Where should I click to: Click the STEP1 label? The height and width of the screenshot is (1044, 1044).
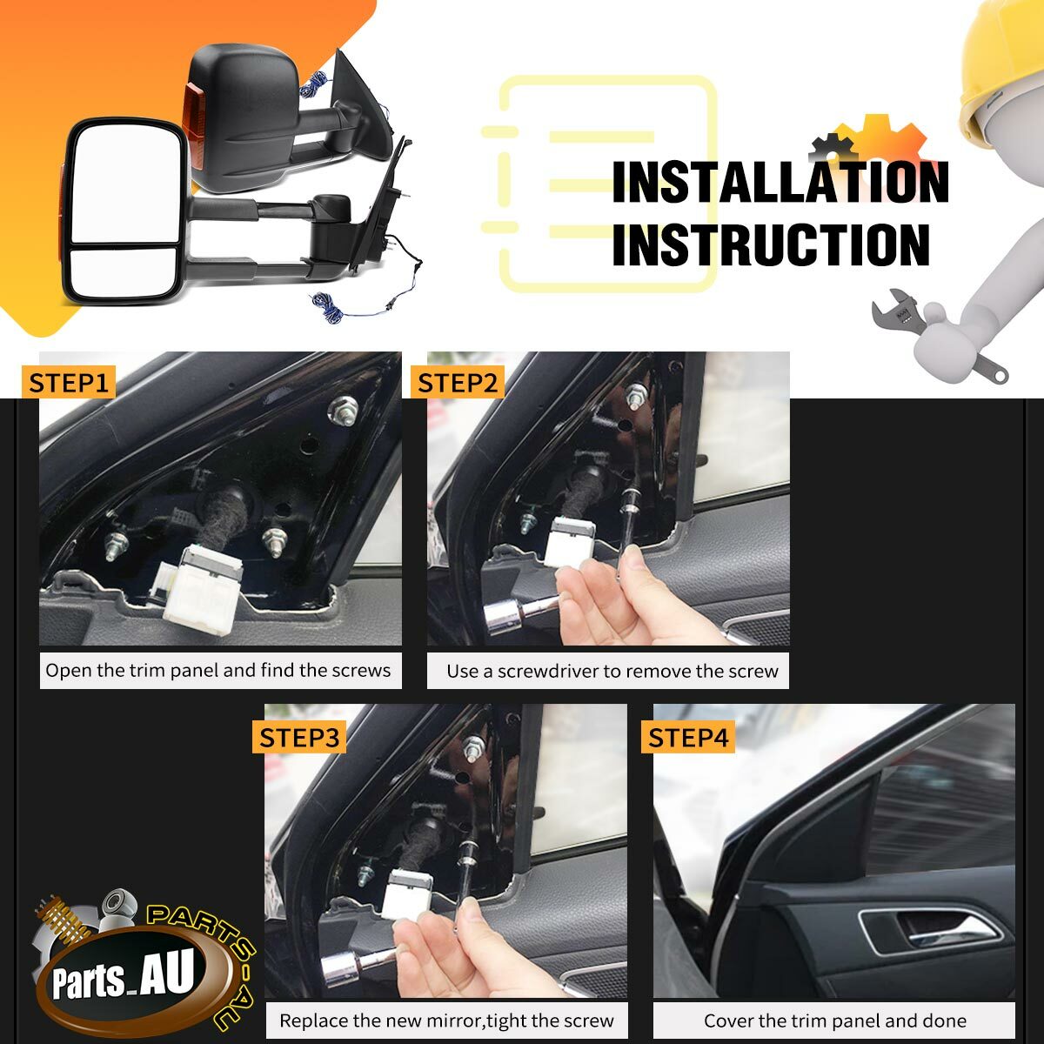(70, 383)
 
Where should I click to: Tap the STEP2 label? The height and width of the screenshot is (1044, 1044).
(458, 383)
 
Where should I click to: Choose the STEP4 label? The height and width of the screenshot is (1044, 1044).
(688, 738)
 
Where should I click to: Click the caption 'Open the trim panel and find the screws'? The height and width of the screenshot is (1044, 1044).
(218, 671)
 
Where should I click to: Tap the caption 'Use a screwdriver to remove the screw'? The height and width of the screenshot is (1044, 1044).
(612, 672)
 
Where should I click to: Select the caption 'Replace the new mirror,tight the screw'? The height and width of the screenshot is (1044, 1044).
(446, 1020)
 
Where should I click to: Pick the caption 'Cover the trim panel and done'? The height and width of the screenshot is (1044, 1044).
(834, 1020)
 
